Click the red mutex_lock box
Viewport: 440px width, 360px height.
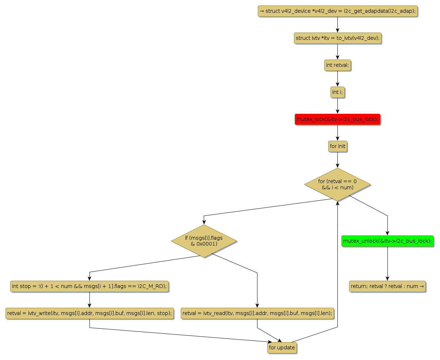coord(337,119)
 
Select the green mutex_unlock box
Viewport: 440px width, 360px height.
coord(387,241)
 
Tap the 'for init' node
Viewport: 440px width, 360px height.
coord(337,146)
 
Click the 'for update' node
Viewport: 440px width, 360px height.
coord(282,348)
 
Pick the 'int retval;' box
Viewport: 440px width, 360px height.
coord(337,65)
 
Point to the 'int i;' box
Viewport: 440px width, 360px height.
coord(337,92)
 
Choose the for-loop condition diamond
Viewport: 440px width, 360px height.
coord(337,184)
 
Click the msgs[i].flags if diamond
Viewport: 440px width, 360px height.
coord(204,240)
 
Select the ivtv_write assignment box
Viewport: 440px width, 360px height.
coord(89,313)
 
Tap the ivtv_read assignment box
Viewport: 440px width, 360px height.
coord(257,313)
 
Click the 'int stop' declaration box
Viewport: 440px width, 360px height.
coord(89,286)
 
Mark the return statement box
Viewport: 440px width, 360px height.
coord(387,286)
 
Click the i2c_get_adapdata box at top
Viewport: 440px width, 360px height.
coord(337,11)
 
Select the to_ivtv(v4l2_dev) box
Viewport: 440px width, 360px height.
coord(337,38)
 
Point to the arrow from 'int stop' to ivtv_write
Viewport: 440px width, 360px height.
coord(89,300)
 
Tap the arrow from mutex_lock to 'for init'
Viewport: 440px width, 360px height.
coord(337,133)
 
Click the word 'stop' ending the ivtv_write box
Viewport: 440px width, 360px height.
coord(163,313)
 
